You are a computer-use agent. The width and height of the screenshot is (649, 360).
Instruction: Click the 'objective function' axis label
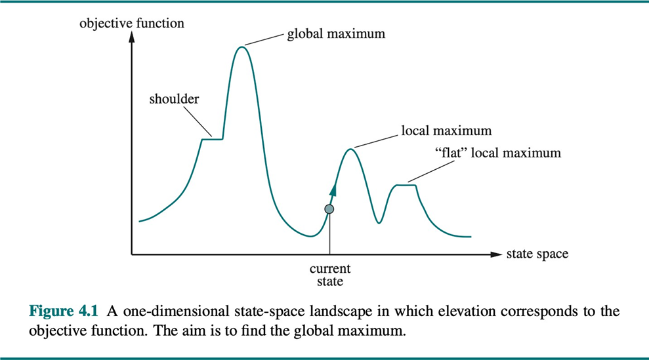132,24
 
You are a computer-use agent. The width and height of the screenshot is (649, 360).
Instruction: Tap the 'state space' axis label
537,254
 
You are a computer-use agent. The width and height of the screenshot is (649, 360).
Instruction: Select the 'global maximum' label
335,33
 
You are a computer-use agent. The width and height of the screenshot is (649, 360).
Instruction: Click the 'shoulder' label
174,100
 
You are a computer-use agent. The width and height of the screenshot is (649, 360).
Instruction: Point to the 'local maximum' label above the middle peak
446,131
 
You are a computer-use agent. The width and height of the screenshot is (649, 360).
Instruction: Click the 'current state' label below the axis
330,275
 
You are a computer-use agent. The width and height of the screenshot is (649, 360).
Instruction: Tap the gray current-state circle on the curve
329,209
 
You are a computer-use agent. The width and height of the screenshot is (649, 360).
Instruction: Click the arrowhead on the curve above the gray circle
333,190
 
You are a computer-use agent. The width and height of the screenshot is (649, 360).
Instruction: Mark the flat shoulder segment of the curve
212,138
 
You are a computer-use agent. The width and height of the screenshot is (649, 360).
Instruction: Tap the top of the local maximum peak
350,150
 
